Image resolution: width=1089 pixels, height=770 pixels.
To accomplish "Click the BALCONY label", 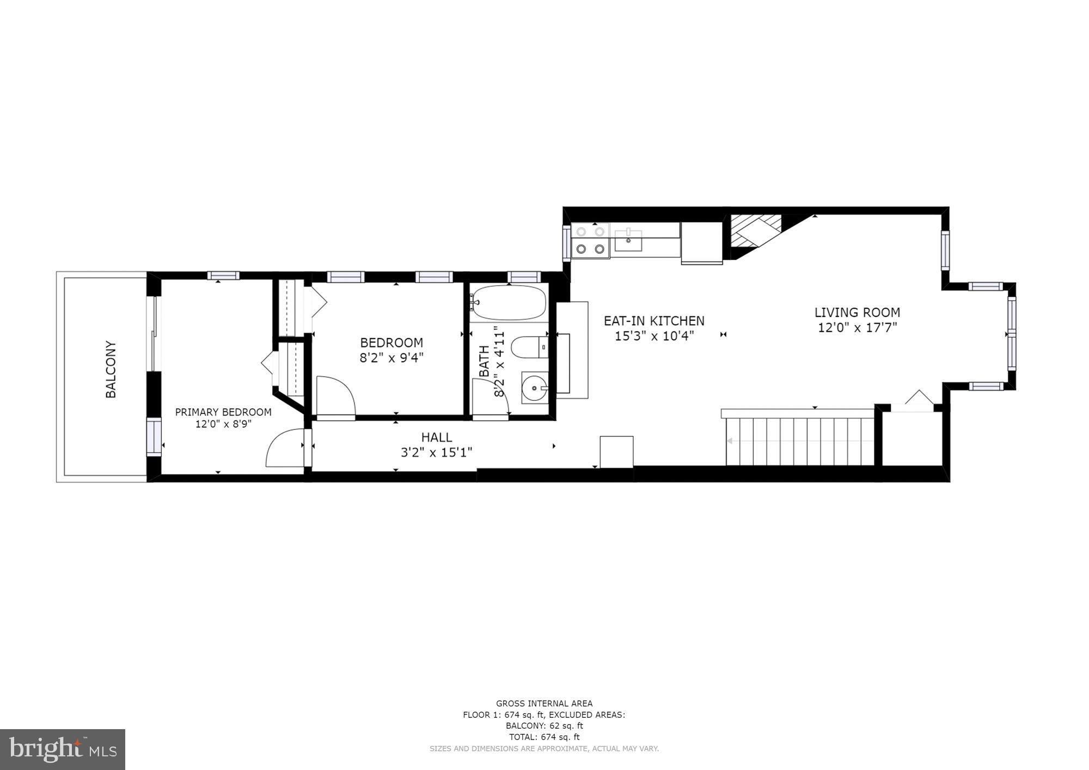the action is (x=111, y=370).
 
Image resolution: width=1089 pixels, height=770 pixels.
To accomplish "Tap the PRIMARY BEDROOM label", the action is (x=223, y=412).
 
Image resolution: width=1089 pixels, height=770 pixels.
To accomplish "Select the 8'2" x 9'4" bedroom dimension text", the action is (x=391, y=358).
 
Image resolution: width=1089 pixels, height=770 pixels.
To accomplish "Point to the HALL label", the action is (x=437, y=437).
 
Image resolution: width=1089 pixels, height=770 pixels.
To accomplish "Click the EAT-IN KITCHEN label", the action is (x=654, y=321).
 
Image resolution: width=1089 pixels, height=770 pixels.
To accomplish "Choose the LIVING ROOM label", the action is (x=858, y=313).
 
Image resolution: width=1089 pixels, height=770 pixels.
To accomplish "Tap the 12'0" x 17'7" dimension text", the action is (x=858, y=328).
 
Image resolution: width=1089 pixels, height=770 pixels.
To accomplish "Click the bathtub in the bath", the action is (x=509, y=303).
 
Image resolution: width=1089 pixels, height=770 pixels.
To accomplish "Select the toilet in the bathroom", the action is (x=531, y=347).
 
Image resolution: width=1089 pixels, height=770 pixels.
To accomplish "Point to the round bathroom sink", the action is (x=535, y=388).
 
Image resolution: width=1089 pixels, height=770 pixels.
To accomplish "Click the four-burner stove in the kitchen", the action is (x=590, y=240).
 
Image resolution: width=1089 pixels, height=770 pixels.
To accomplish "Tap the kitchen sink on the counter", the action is (x=628, y=241).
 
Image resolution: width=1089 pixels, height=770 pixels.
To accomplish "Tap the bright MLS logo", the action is (x=63, y=749).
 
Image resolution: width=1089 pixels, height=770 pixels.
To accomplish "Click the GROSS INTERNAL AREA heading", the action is (x=544, y=704).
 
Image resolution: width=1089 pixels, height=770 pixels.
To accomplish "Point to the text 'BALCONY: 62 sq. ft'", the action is (x=544, y=726).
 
